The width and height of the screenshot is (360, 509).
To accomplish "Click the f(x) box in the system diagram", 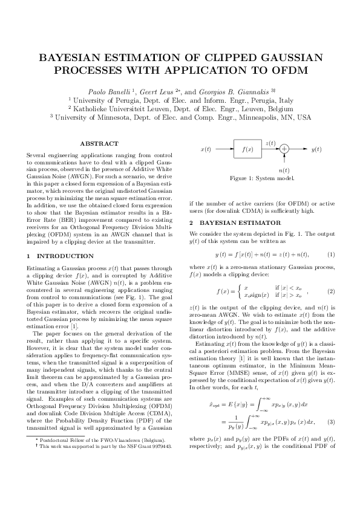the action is coord(247,149).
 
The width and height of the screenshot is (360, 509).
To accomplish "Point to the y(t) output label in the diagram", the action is coord(316,149).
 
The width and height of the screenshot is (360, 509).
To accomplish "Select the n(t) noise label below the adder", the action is coord(284,170).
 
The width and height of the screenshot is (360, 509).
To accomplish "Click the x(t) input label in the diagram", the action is coord(206,149).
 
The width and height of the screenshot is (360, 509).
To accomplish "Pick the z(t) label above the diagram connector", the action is coord(270,143).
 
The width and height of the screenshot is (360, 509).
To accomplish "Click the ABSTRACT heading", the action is coord(99,144).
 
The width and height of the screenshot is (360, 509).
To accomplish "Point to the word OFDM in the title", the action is coord(290,70).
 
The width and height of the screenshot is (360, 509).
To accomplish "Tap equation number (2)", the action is coord(330,291).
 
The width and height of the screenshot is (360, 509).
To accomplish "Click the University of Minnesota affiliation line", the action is coord(180,117).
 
